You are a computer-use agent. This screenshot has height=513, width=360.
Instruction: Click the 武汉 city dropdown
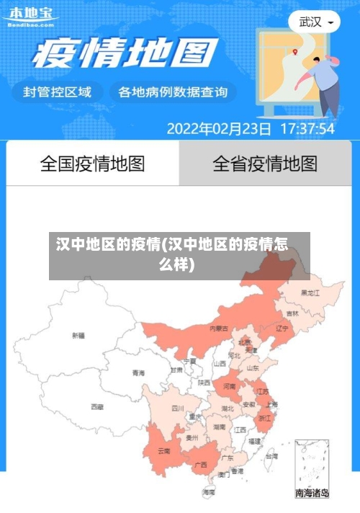(x=315, y=22)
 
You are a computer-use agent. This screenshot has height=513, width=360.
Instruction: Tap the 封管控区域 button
(x=58, y=92)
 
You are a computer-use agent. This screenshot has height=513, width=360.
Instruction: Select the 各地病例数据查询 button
(x=172, y=92)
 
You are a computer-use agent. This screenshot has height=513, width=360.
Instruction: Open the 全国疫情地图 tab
(x=92, y=164)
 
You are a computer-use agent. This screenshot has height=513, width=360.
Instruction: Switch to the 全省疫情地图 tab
(x=264, y=164)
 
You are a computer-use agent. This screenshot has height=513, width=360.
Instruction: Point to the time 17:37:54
(x=307, y=129)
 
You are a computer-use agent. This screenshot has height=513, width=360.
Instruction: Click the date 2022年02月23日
(x=219, y=129)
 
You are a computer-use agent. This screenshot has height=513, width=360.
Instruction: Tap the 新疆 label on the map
(x=78, y=335)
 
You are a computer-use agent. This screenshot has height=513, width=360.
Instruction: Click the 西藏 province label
(x=97, y=407)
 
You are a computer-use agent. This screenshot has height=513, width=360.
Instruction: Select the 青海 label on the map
(x=138, y=373)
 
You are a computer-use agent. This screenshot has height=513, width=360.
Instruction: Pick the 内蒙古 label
(x=219, y=328)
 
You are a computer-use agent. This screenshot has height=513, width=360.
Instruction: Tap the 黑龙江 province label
(x=310, y=293)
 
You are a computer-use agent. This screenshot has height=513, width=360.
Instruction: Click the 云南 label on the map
(x=163, y=451)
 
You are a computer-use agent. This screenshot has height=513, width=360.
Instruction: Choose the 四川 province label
(x=178, y=408)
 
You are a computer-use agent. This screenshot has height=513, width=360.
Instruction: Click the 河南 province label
(x=229, y=386)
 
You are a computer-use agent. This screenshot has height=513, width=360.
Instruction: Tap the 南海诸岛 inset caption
(x=312, y=494)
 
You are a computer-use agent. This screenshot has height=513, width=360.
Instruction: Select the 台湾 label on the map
(x=271, y=456)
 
